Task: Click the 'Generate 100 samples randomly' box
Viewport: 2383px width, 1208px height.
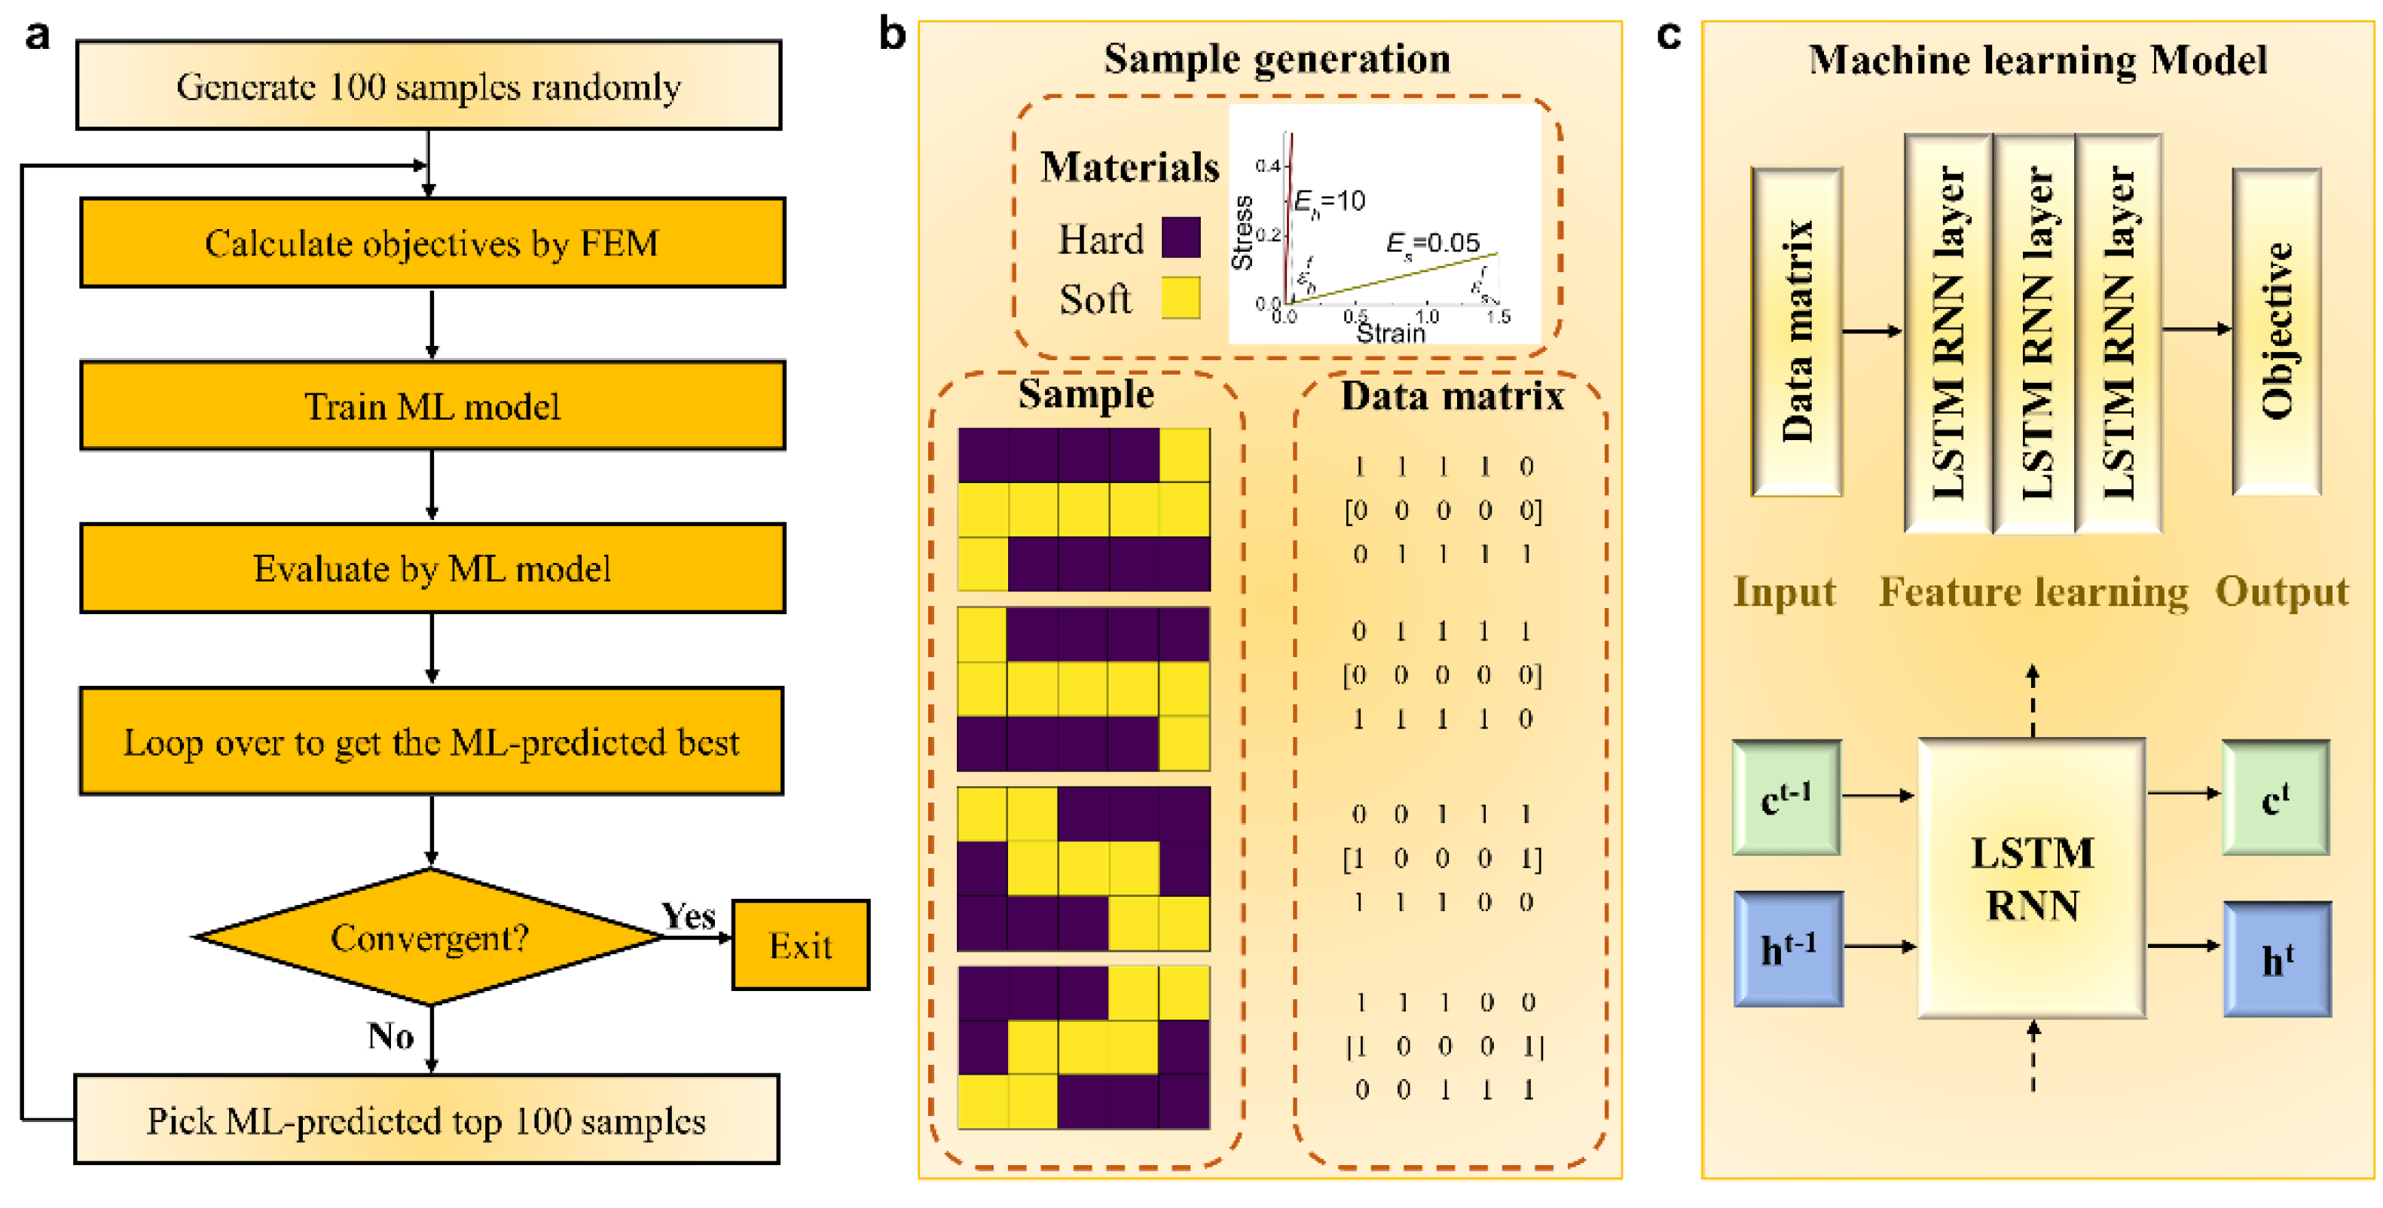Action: click(x=429, y=85)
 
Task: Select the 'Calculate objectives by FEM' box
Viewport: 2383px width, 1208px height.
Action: click(x=432, y=243)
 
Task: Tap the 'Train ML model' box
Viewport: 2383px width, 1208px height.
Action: click(x=432, y=405)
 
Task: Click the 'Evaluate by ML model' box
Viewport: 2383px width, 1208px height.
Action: click(x=432, y=568)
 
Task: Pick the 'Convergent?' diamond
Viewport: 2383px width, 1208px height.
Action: click(x=430, y=937)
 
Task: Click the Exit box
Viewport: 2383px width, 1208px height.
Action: click(x=800, y=945)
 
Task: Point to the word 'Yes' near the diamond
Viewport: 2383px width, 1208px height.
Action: click(x=689, y=916)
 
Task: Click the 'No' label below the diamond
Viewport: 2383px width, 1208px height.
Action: click(x=390, y=1036)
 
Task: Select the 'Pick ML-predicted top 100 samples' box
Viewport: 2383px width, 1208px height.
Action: click(x=426, y=1119)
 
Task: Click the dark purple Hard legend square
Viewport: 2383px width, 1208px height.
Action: click(x=1181, y=237)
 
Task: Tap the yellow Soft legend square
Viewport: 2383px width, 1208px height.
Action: click(x=1181, y=298)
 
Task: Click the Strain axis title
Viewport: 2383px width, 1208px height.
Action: click(x=1389, y=333)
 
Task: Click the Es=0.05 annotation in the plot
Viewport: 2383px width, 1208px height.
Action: click(x=1432, y=243)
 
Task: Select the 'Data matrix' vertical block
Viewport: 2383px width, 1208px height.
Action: click(x=1797, y=331)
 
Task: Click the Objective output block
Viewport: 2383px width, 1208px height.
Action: click(x=2277, y=331)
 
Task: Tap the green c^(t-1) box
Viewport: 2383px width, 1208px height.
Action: click(x=1786, y=797)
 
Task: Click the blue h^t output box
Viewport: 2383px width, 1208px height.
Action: click(x=2277, y=960)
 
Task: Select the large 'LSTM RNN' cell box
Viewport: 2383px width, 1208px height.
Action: click(x=2031, y=878)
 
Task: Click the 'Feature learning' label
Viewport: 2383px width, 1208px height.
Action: click(x=2033, y=592)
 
